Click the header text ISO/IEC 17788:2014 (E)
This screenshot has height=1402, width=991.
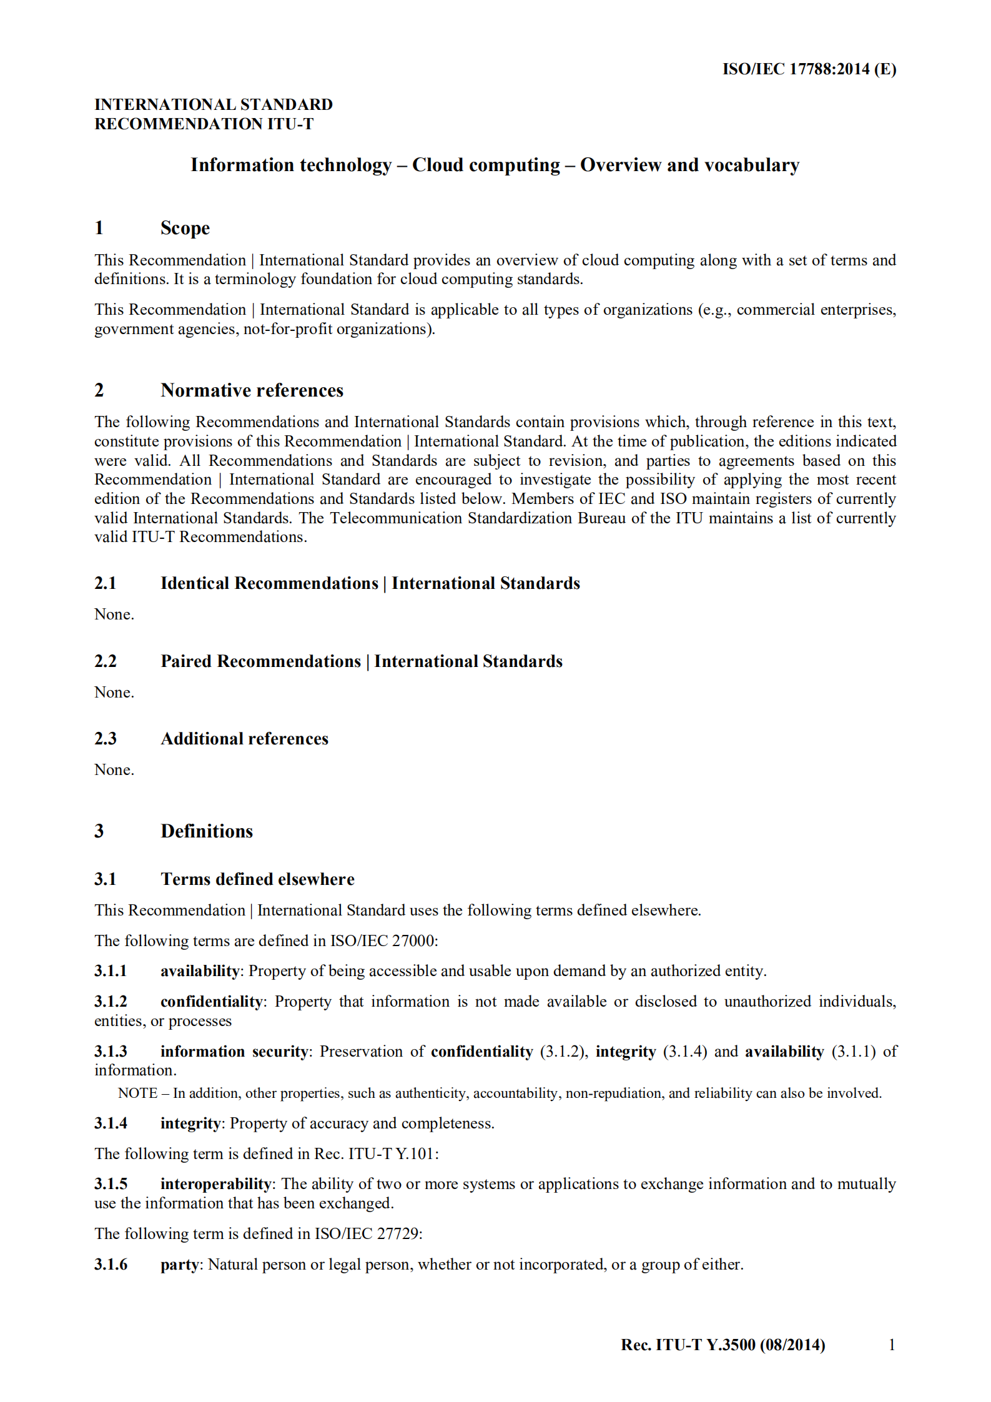click(x=809, y=69)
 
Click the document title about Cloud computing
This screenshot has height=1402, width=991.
click(x=495, y=165)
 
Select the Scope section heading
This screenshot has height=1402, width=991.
click(x=185, y=228)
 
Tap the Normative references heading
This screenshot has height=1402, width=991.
click(x=252, y=390)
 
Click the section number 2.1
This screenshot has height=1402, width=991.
click(x=106, y=583)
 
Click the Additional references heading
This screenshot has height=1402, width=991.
click(x=244, y=739)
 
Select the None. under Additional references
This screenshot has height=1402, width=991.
click(x=114, y=770)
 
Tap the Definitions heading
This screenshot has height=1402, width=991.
click(x=207, y=831)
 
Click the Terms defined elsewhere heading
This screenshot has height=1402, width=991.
click(x=257, y=879)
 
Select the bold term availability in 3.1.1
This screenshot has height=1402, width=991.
click(x=199, y=971)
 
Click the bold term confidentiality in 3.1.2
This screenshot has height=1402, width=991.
click(x=211, y=1002)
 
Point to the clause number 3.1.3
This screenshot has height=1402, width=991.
click(x=111, y=1052)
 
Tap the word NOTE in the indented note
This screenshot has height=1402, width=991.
click(x=137, y=1093)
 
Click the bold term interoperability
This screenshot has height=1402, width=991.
click(x=215, y=1184)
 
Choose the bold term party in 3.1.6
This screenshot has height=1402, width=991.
click(x=179, y=1265)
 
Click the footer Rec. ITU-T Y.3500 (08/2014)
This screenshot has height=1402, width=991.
click(x=722, y=1345)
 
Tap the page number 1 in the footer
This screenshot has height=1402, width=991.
click(x=892, y=1345)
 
